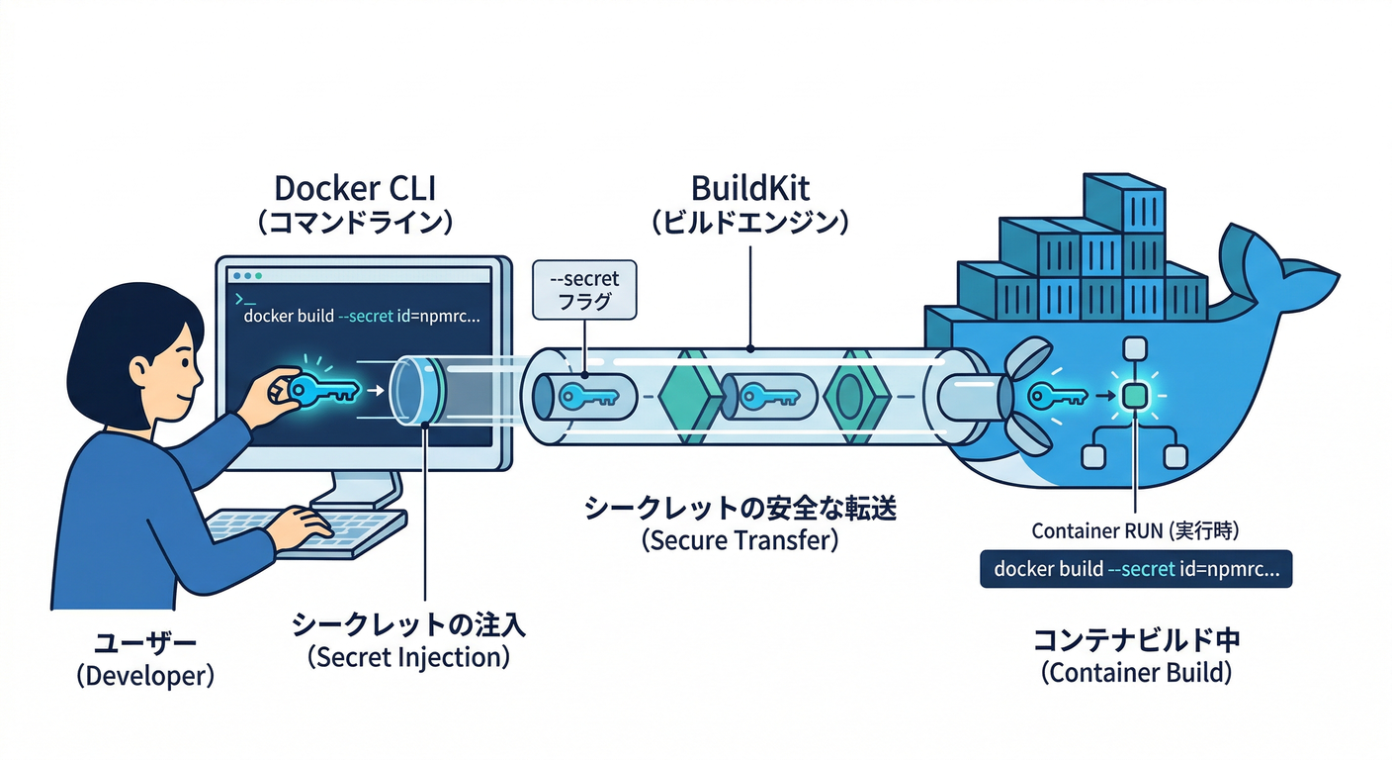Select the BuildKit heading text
(x=750, y=187)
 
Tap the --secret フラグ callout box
(x=584, y=290)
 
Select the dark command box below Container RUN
(x=1136, y=570)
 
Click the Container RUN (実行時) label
(x=1135, y=530)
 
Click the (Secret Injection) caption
(x=408, y=657)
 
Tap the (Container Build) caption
(x=1136, y=674)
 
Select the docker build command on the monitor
(x=361, y=318)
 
